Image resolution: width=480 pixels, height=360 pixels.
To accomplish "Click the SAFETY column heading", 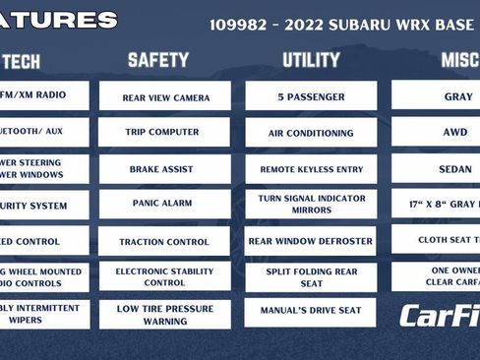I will [x=158, y=61].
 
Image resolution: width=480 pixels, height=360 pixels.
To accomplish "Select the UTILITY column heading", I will [x=311, y=61].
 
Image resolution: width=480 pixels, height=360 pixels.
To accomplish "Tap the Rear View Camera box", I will [x=165, y=97].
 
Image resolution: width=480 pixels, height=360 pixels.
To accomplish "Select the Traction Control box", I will [x=165, y=241].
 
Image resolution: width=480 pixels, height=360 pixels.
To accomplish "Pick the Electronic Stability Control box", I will [x=165, y=276].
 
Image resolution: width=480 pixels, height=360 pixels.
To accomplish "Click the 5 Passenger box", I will [x=311, y=97].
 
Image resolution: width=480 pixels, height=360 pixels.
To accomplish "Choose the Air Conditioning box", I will [x=311, y=133].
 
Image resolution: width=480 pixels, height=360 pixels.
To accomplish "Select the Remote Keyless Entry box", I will [x=311, y=169].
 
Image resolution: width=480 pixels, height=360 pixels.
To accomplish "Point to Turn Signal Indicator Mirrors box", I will [x=311, y=205].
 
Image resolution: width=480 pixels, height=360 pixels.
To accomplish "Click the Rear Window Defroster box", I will [x=311, y=241].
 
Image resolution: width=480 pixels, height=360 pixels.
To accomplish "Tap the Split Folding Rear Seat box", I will [x=311, y=276].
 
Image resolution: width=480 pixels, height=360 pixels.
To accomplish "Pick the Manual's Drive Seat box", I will [x=311, y=311].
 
